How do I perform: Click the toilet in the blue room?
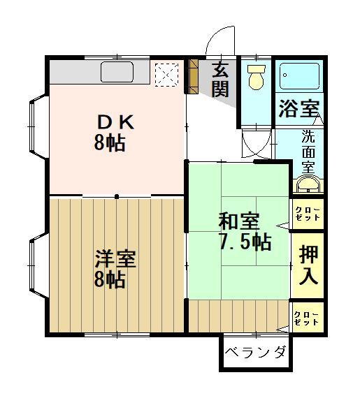click(257, 76)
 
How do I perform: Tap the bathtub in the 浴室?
click(299, 76)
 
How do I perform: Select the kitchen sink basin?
click(117, 71)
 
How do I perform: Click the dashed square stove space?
click(166, 75)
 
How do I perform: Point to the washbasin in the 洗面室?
click(308, 184)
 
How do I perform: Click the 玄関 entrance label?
click(220, 80)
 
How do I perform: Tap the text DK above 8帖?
click(115, 122)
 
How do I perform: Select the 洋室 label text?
click(115, 258)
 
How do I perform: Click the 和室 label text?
click(238, 221)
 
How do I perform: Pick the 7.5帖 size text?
click(245, 242)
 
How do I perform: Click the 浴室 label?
click(299, 109)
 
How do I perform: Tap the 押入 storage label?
click(308, 265)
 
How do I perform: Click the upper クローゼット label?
click(308, 214)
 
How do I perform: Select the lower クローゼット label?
click(307, 318)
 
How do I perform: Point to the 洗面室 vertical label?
click(308, 152)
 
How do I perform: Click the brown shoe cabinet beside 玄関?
click(193, 76)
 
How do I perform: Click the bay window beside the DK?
click(38, 126)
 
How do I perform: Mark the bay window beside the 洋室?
click(38, 265)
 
